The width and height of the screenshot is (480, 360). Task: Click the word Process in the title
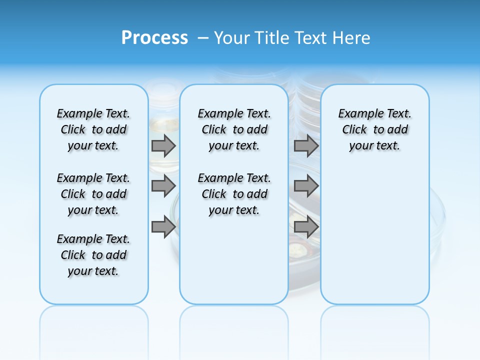[x=154, y=38]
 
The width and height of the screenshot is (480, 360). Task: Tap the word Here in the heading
[x=352, y=38]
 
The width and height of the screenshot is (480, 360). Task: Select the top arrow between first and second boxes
[x=163, y=145]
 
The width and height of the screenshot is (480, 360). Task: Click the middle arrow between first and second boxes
[x=163, y=186]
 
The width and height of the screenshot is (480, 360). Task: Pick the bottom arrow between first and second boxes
[x=163, y=227]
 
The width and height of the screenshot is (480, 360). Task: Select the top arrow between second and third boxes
[x=306, y=145]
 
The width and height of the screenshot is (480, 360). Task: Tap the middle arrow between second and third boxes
[x=306, y=186]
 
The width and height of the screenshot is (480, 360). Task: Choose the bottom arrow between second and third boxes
[x=306, y=227]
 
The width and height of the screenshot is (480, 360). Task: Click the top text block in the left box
[x=93, y=129]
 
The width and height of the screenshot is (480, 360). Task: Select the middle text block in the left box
[x=93, y=194]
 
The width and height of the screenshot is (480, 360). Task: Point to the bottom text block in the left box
[x=93, y=255]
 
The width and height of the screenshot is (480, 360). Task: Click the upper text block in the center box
[x=234, y=129]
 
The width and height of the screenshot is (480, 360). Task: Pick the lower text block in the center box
[x=234, y=194]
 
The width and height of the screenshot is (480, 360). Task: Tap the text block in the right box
[x=374, y=129]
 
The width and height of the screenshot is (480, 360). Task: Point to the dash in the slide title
[x=203, y=38]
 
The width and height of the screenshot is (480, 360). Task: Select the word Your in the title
[x=232, y=38]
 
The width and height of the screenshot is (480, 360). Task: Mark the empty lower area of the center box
[x=234, y=260]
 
